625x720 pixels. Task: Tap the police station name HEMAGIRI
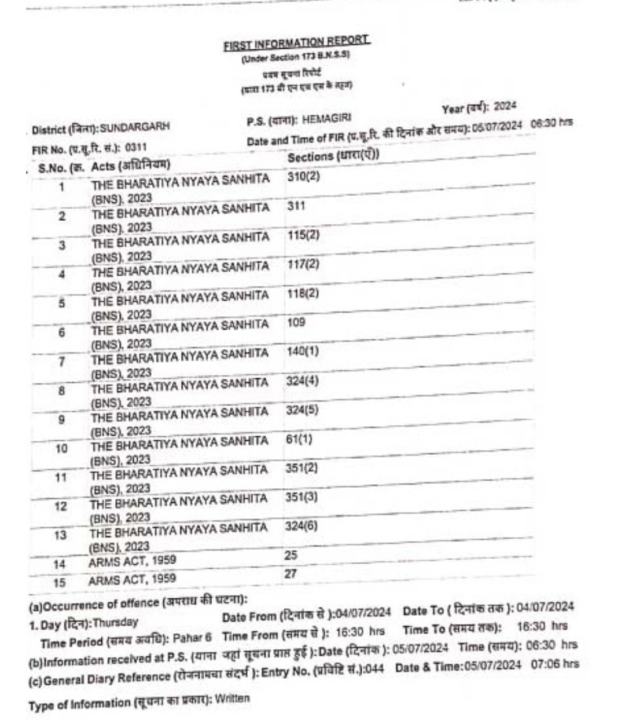(326, 119)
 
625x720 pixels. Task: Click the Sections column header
(333, 156)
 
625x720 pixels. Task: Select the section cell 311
(296, 206)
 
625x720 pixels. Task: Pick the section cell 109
(296, 322)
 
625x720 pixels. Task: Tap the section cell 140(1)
(303, 351)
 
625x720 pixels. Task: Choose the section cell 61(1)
(299, 438)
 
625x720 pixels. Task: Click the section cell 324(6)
(302, 526)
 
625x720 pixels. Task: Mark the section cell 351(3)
(302, 497)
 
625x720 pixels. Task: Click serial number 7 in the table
(61, 361)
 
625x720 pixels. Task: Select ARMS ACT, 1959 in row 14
(133, 561)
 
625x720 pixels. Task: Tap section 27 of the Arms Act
(291, 573)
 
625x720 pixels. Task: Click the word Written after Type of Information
(232, 698)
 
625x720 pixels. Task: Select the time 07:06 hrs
(555, 664)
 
